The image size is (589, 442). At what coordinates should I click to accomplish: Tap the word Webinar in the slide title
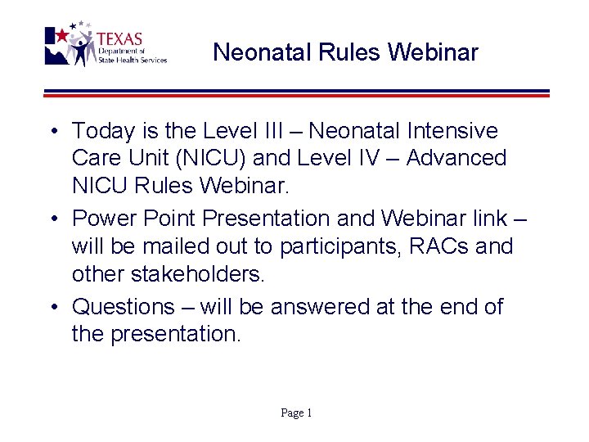(433, 53)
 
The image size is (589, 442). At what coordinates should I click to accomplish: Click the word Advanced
(456, 158)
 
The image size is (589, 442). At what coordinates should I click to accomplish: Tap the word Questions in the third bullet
(124, 307)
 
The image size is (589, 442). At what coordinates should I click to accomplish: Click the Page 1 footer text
(296, 413)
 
